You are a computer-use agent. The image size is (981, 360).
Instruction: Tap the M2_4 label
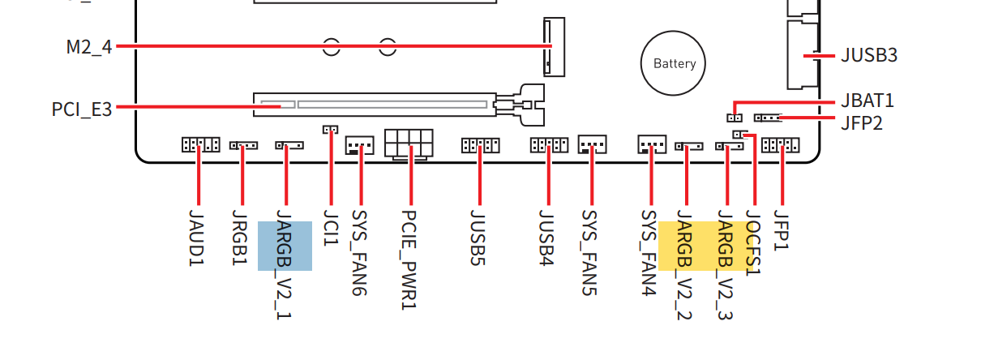[89, 47]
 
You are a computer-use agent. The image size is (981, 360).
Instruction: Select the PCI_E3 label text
[81, 109]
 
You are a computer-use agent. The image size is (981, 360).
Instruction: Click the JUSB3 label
[869, 55]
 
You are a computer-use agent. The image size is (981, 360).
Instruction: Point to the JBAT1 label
[867, 101]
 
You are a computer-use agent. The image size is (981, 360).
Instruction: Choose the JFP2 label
[862, 123]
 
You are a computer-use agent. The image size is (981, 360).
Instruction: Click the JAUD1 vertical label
[196, 238]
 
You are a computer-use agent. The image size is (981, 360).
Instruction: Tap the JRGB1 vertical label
[239, 238]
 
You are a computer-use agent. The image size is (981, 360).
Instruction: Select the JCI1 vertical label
[331, 228]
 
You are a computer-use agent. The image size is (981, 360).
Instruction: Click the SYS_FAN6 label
[359, 253]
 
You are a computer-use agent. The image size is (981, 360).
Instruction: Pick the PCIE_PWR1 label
[409, 259]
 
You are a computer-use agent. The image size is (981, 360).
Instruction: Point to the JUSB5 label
[478, 238]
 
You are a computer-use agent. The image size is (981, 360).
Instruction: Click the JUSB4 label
[546, 238]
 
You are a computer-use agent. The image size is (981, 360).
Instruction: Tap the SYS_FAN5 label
[589, 253]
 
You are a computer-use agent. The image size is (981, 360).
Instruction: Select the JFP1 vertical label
[781, 230]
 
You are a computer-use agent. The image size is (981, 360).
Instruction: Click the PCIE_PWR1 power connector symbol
[409, 144]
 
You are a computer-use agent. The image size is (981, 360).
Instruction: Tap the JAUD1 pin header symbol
[201, 144]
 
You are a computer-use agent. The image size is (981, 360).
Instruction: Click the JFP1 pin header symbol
[781, 145]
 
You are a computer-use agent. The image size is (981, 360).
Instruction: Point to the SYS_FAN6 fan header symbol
[359, 145]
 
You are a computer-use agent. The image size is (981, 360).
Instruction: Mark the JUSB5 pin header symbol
[481, 145]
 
